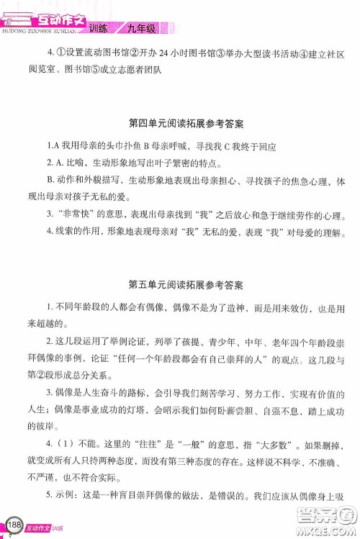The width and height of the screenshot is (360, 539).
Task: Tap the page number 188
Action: (12, 523)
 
